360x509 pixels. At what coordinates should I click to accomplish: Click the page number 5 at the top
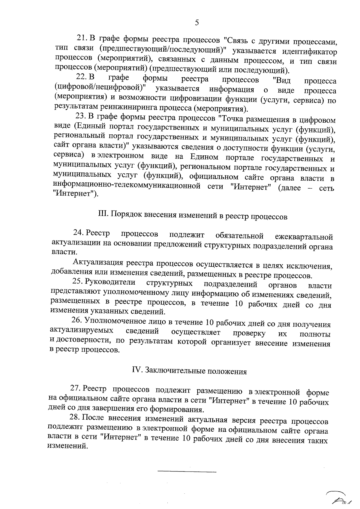point(197,23)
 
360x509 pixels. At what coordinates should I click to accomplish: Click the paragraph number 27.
point(76,389)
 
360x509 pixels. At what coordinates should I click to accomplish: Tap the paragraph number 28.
point(75,418)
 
